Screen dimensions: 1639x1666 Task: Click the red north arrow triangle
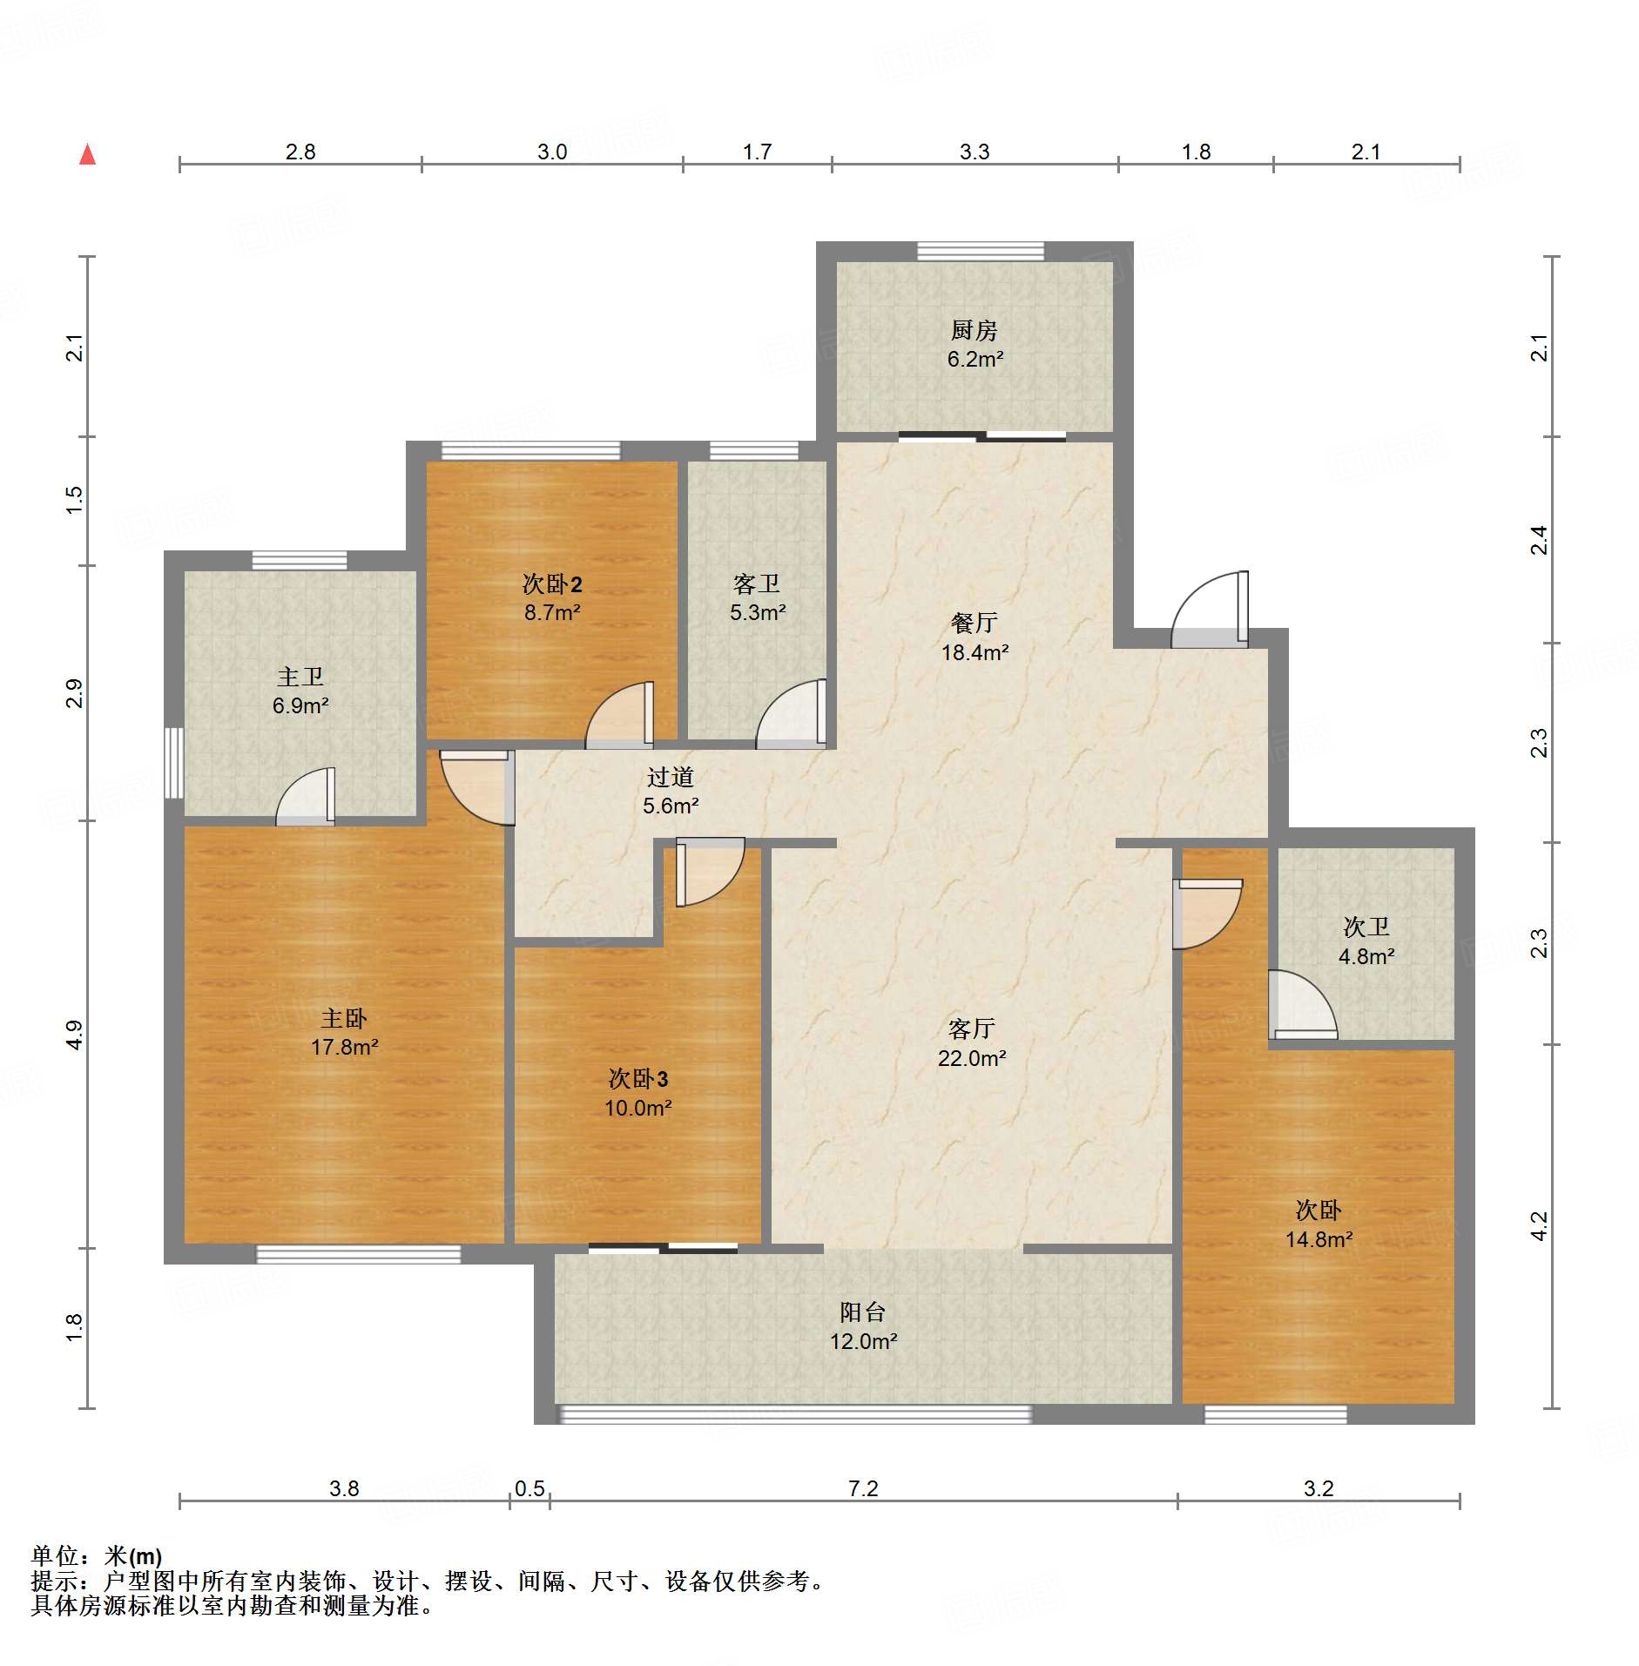click(x=87, y=154)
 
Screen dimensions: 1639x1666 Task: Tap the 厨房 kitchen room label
click(x=974, y=330)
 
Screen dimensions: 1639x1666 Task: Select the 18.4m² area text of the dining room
click(x=975, y=651)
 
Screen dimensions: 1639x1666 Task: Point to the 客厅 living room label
click(x=971, y=1029)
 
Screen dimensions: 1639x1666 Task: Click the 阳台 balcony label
click(x=862, y=1312)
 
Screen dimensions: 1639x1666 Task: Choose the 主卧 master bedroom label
click(x=344, y=1018)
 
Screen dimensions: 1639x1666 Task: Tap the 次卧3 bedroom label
click(x=638, y=1079)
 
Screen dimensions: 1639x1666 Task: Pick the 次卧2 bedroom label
click(x=552, y=583)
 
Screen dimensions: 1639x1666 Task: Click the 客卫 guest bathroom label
click(x=756, y=583)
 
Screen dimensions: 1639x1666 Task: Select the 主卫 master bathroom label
click(x=300, y=677)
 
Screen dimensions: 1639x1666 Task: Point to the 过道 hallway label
click(x=670, y=777)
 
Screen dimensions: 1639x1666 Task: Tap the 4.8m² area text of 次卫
click(x=1366, y=956)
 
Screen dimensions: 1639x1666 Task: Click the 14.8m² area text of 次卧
click(x=1319, y=1239)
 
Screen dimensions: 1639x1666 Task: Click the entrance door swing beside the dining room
click(x=1210, y=610)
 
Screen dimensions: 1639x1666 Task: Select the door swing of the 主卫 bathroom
click(x=305, y=796)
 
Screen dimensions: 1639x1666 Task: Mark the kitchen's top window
click(x=981, y=251)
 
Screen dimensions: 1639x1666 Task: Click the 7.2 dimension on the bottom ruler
click(x=863, y=1488)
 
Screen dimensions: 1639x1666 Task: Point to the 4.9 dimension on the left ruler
click(x=75, y=1035)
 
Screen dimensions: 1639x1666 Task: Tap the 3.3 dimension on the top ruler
click(x=975, y=152)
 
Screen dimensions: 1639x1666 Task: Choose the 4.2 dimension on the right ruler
click(x=1540, y=1226)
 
